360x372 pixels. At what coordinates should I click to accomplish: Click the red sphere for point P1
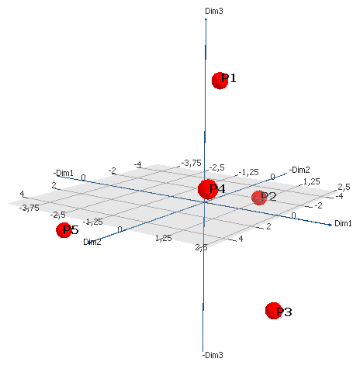(x=220, y=81)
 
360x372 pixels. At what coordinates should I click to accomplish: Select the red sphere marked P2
(x=259, y=198)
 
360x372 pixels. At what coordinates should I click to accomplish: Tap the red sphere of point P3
(x=274, y=311)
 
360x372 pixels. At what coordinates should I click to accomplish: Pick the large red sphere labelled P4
(x=208, y=189)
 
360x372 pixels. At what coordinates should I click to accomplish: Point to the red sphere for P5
(x=64, y=230)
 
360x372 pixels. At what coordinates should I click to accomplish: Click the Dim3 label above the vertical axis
(x=214, y=11)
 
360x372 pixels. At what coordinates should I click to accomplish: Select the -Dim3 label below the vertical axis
(x=213, y=355)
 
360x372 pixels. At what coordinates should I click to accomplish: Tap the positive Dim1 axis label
(x=343, y=223)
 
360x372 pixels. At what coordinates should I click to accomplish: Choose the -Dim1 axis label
(x=64, y=173)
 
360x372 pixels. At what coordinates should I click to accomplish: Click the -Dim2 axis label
(x=299, y=170)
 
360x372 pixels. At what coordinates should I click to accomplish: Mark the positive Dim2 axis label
(x=92, y=242)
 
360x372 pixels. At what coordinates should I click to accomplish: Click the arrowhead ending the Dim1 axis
(x=330, y=225)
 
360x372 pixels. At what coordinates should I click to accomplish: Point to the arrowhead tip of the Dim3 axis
(x=206, y=19)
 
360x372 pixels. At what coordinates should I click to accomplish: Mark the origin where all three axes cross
(x=204, y=202)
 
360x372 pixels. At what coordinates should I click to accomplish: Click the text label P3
(x=284, y=312)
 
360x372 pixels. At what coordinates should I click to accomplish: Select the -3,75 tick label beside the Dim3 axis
(x=191, y=163)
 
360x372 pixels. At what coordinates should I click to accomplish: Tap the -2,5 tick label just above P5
(x=58, y=215)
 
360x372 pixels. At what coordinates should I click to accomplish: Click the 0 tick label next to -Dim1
(x=83, y=177)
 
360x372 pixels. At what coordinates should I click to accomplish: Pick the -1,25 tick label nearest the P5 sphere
(x=93, y=222)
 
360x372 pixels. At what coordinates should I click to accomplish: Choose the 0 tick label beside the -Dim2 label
(x=272, y=177)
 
